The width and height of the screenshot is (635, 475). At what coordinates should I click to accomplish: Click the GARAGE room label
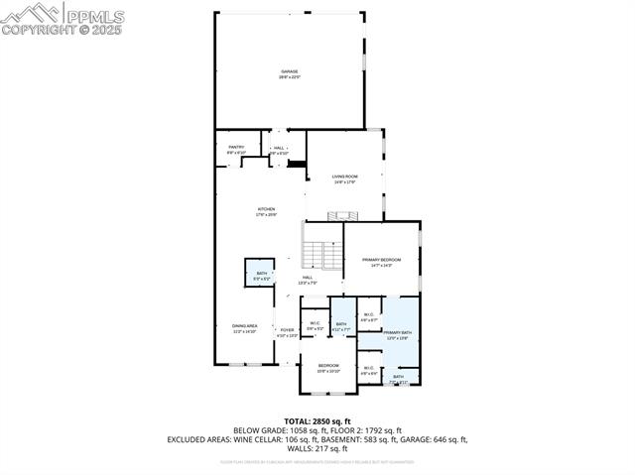(290, 71)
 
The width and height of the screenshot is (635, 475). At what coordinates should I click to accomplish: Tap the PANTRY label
(236, 147)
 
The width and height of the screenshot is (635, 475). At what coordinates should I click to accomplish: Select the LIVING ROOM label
(344, 177)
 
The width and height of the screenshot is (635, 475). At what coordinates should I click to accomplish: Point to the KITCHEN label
(267, 209)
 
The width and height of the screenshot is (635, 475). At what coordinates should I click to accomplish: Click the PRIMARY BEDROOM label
(381, 259)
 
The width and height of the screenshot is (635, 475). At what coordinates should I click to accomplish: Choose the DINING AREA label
(245, 326)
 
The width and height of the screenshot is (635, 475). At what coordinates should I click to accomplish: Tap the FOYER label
(287, 330)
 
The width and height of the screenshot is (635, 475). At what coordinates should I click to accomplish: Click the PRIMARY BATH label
(398, 333)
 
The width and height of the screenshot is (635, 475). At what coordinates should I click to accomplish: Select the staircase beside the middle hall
(317, 257)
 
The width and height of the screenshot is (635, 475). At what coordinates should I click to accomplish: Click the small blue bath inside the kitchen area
(261, 275)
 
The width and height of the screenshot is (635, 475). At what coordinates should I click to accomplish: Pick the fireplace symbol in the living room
(344, 215)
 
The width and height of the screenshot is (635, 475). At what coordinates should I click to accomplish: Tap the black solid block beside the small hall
(296, 164)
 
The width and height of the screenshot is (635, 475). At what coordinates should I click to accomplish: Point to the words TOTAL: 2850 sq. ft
(317, 421)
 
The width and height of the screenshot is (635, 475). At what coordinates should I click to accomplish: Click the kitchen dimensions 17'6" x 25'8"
(267, 214)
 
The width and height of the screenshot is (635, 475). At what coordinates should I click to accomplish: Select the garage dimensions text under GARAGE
(290, 77)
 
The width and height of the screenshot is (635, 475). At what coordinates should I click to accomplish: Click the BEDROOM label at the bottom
(328, 366)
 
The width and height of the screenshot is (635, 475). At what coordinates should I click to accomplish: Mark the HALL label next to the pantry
(279, 148)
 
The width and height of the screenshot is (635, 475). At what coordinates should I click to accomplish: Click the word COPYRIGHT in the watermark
(35, 30)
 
